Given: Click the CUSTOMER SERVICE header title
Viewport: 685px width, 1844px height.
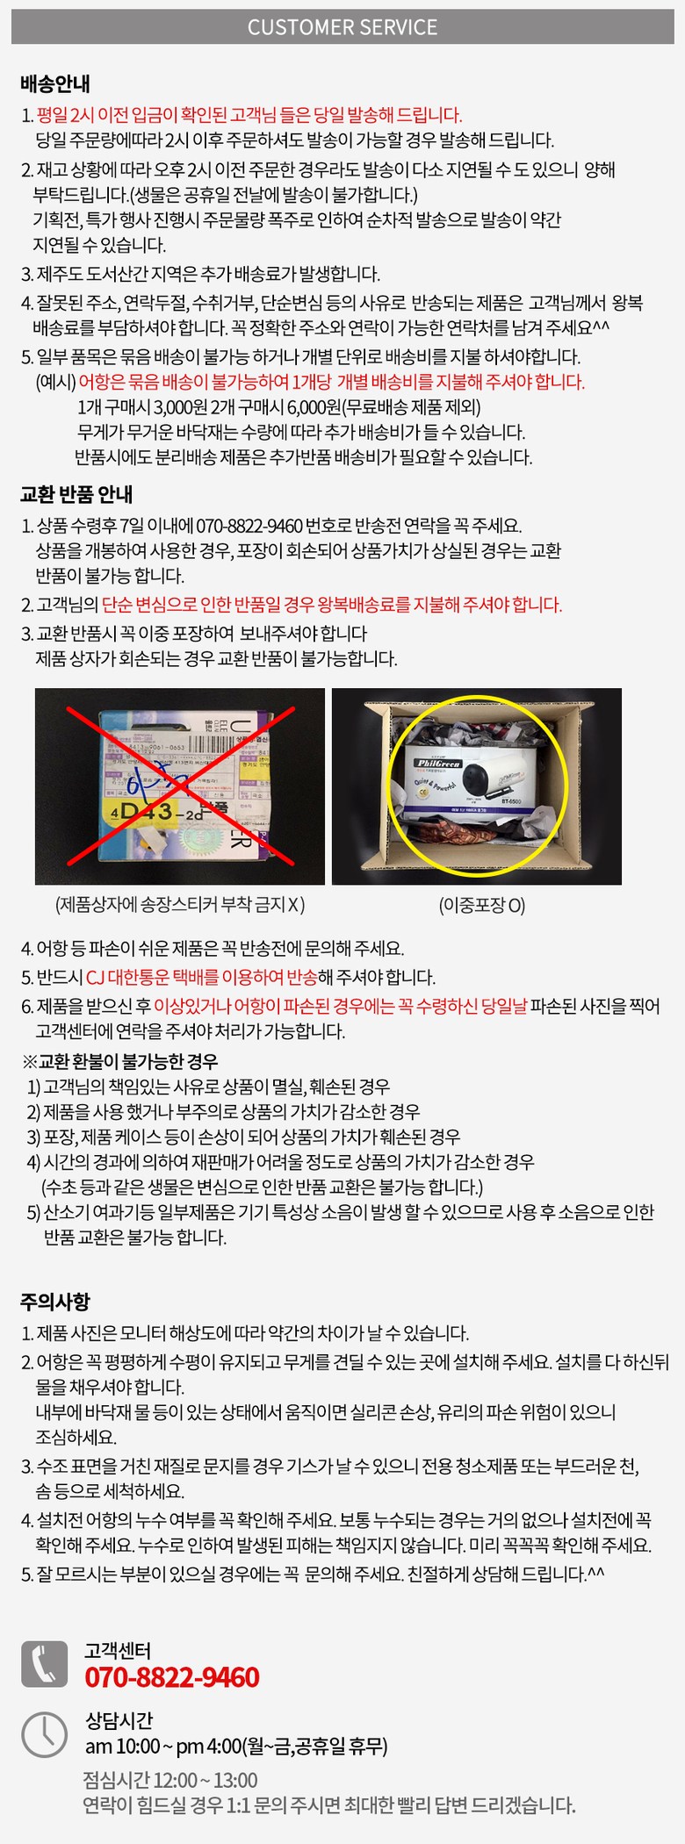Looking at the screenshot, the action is coord(342,27).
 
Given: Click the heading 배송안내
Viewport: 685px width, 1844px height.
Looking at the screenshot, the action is coord(54,84).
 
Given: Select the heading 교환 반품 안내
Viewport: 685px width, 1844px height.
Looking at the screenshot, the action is coord(76,494).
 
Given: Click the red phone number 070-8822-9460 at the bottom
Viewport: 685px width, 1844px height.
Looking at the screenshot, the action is coord(172,1676).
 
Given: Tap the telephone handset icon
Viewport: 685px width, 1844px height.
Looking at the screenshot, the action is coord(44,1663).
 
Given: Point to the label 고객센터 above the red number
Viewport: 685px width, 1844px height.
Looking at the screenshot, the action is coord(118,1650).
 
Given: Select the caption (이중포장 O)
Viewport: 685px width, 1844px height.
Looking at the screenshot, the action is coord(482,905).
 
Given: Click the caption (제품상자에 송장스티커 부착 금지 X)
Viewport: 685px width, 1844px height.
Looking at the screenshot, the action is coord(180,904).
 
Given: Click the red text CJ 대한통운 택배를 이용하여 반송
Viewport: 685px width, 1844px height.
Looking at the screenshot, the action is coord(201,977).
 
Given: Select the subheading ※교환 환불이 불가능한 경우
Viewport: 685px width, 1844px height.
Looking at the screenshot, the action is coord(120,1061).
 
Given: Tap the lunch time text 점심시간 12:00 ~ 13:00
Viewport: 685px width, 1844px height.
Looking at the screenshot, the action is coord(170,1780).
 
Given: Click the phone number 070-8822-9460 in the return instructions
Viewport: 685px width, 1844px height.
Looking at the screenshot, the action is coord(249,526).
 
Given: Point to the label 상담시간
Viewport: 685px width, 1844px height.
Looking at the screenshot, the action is coord(119,1720).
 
